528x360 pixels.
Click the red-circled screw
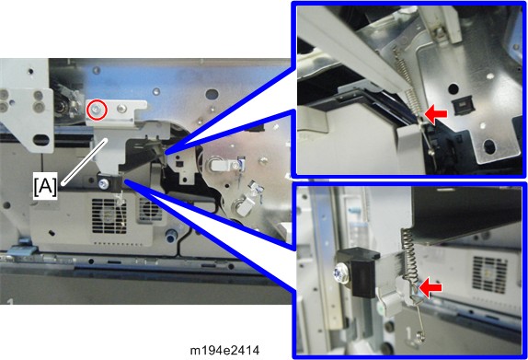coord(97,110)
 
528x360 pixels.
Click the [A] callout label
coord(45,186)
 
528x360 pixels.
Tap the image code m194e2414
coord(225,351)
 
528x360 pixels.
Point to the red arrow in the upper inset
coord(436,114)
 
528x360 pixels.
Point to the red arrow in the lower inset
coord(430,287)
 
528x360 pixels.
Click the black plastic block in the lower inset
coord(359,271)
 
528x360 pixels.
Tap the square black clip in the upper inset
coord(464,106)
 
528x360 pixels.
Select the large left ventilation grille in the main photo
coord(109,215)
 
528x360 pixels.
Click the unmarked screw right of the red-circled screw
coord(121,109)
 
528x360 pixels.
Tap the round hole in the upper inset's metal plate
coord(453,89)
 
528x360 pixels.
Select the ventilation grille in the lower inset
coord(489,274)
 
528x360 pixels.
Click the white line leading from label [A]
coord(85,161)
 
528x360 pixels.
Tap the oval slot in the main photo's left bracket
coord(41,140)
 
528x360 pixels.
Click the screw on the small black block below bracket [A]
coord(103,184)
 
